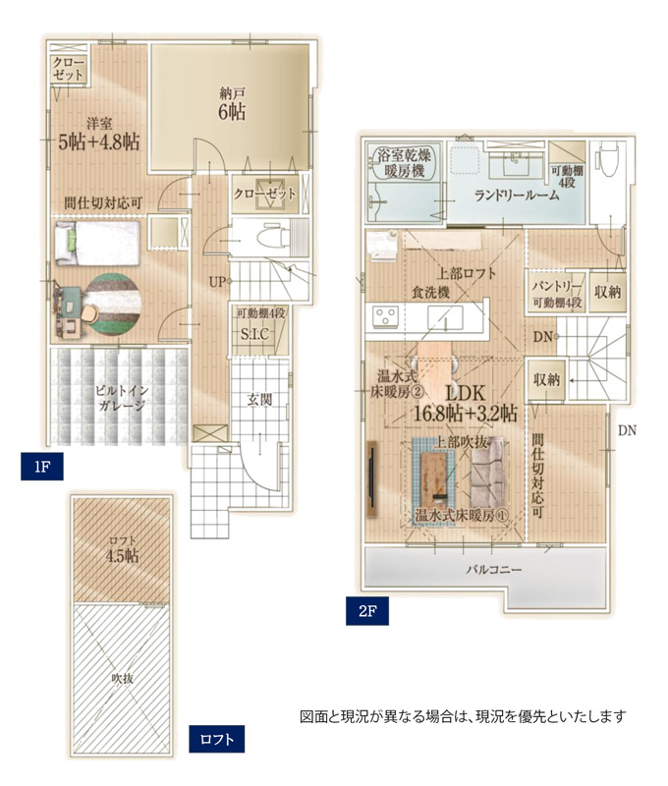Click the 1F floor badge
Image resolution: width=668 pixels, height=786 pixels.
[x=42, y=466]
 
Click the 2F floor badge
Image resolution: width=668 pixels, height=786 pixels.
[x=366, y=610]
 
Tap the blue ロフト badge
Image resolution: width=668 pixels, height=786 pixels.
[x=216, y=739]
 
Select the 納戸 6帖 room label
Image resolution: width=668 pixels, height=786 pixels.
[x=232, y=104]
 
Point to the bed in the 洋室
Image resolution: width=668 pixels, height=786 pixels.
[x=96, y=243]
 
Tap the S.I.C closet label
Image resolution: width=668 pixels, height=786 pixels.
[x=254, y=333]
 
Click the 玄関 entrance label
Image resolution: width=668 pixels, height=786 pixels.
[x=259, y=399]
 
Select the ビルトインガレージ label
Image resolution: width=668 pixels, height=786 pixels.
[x=121, y=398]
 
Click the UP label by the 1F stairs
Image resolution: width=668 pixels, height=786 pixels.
[x=217, y=282]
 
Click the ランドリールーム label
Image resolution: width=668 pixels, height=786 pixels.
[x=517, y=195]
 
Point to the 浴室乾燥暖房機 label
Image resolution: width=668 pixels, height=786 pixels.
[x=405, y=163]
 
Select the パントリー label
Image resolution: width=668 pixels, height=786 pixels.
[x=557, y=287]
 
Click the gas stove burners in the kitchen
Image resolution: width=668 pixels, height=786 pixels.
[x=385, y=316]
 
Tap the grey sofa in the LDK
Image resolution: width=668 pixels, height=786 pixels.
[x=487, y=472]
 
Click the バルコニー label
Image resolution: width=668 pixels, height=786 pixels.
[x=494, y=570]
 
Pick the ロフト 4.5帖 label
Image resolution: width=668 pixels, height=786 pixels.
[x=122, y=549]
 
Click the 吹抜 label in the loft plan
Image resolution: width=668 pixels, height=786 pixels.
[x=122, y=678]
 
